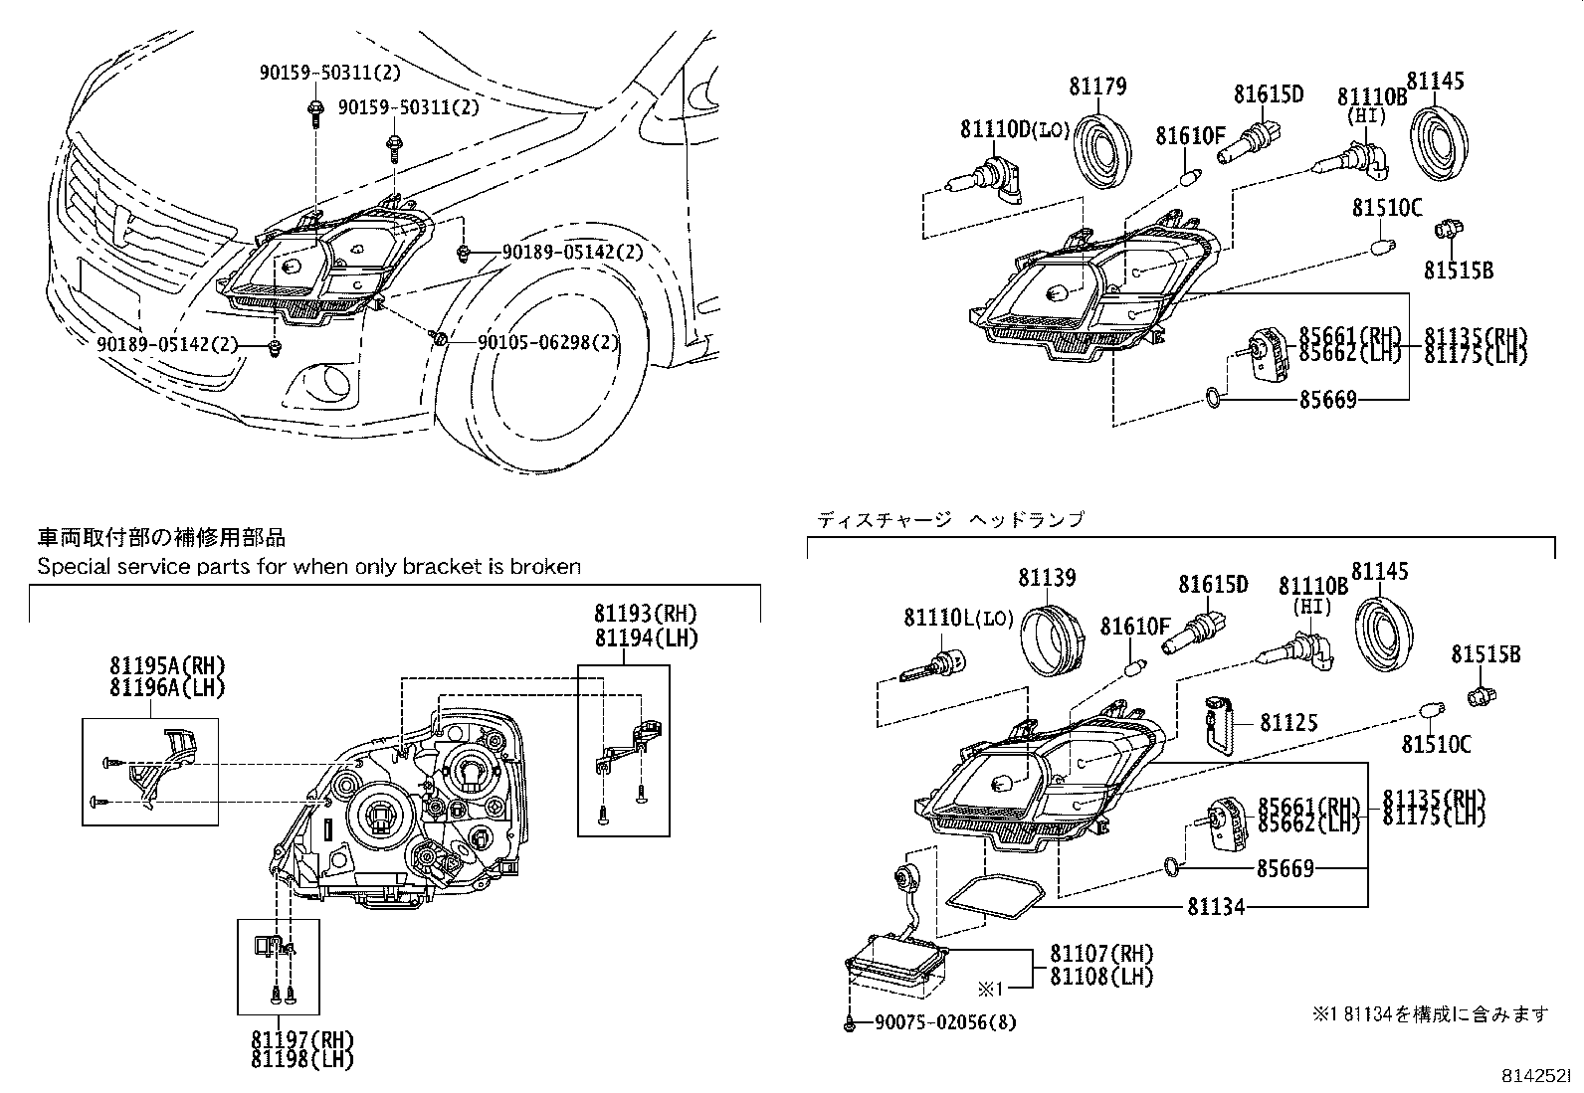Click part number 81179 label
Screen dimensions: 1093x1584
pyautogui.click(x=1097, y=87)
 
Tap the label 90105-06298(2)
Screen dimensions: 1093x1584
pyautogui.click(x=548, y=342)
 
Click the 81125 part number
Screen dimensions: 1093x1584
pyautogui.click(x=1288, y=723)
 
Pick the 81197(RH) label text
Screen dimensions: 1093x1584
pyautogui.click(x=301, y=1040)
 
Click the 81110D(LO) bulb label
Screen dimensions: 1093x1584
pyautogui.click(x=1014, y=129)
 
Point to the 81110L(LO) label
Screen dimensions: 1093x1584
pyautogui.click(x=957, y=618)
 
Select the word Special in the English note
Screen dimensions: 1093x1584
pyautogui.click(x=72, y=567)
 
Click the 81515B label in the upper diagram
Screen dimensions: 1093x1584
pyautogui.click(x=1458, y=271)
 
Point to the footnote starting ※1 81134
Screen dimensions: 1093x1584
pyautogui.click(x=1430, y=1013)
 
